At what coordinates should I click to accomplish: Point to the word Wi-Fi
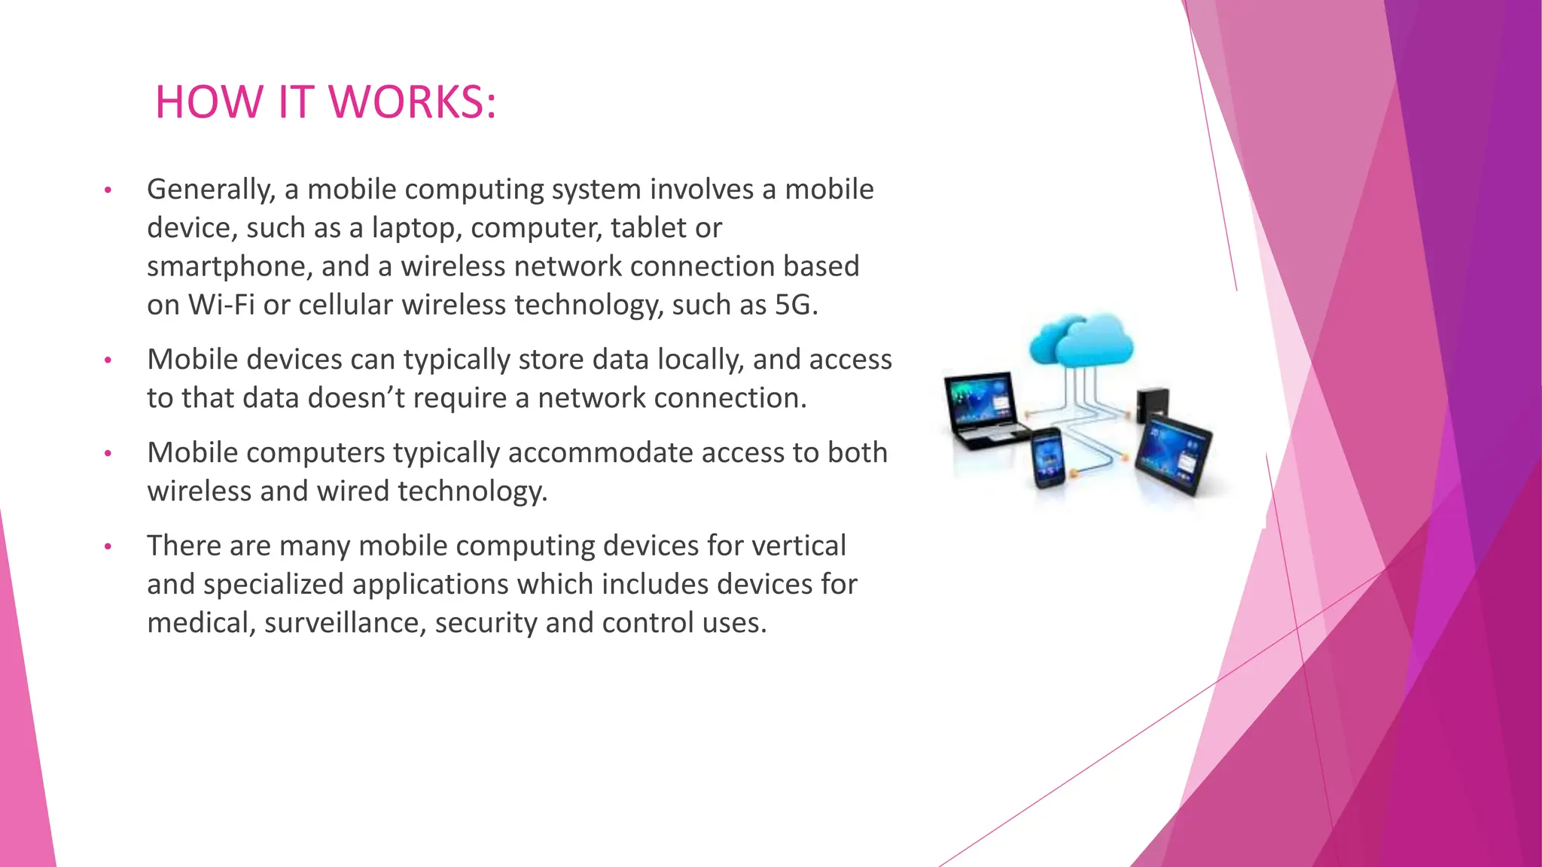pos(221,305)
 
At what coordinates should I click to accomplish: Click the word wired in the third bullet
pos(353,491)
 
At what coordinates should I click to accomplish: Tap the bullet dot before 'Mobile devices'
pos(108,360)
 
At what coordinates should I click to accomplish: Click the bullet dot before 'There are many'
pos(108,546)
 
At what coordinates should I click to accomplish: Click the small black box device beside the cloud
pos(1152,405)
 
